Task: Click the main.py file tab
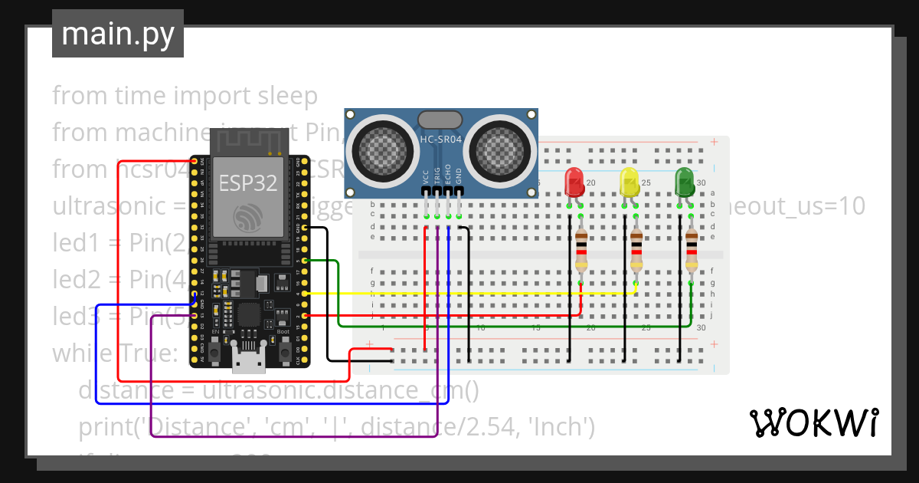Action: (x=117, y=34)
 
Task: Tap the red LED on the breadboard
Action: (x=574, y=182)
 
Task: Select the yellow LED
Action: (x=629, y=182)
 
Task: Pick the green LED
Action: (x=684, y=182)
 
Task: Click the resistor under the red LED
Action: (x=581, y=250)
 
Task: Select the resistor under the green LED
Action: (x=692, y=250)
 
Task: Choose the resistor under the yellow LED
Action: (x=636, y=250)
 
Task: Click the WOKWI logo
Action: (x=813, y=422)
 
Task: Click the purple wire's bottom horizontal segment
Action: (x=294, y=437)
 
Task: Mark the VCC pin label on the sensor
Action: (x=426, y=176)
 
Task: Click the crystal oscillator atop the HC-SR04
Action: (x=440, y=120)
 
